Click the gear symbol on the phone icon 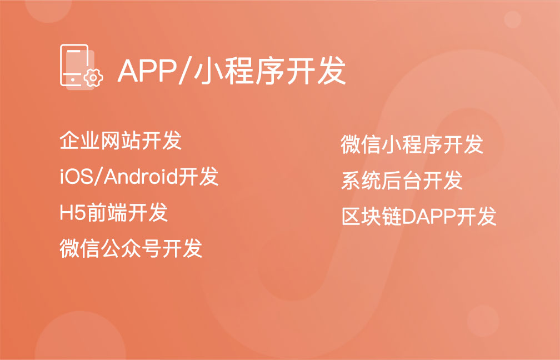click(93, 77)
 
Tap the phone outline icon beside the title click(74, 65)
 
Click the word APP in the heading click(147, 71)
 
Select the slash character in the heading click(184, 71)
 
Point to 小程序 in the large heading click(238, 71)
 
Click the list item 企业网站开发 click(121, 140)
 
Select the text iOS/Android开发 click(139, 176)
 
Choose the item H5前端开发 click(113, 212)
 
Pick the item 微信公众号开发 click(131, 248)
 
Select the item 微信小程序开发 click(412, 144)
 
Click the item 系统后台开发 click(402, 181)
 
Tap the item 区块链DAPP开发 click(419, 216)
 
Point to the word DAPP click(429, 217)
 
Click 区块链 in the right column click(372, 216)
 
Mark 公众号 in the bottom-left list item click(131, 248)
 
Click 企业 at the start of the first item click(79, 140)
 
